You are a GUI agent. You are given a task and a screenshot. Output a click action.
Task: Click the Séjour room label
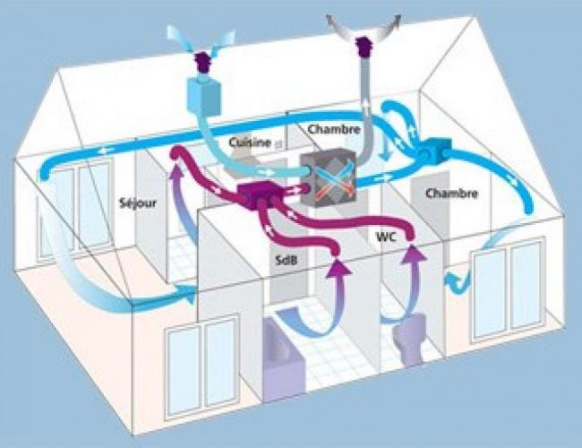138,203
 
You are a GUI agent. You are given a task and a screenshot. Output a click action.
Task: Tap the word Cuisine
250,142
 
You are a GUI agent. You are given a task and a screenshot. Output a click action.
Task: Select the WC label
387,237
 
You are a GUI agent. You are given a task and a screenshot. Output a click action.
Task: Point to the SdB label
287,260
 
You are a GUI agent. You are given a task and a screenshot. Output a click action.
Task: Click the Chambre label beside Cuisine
334,129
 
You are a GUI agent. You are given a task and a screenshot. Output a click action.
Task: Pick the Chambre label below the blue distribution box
451,194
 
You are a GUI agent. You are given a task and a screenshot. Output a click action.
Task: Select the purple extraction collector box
256,195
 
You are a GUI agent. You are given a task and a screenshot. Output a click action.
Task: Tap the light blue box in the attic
204,96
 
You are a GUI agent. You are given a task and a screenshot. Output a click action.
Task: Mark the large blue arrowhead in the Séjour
188,294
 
